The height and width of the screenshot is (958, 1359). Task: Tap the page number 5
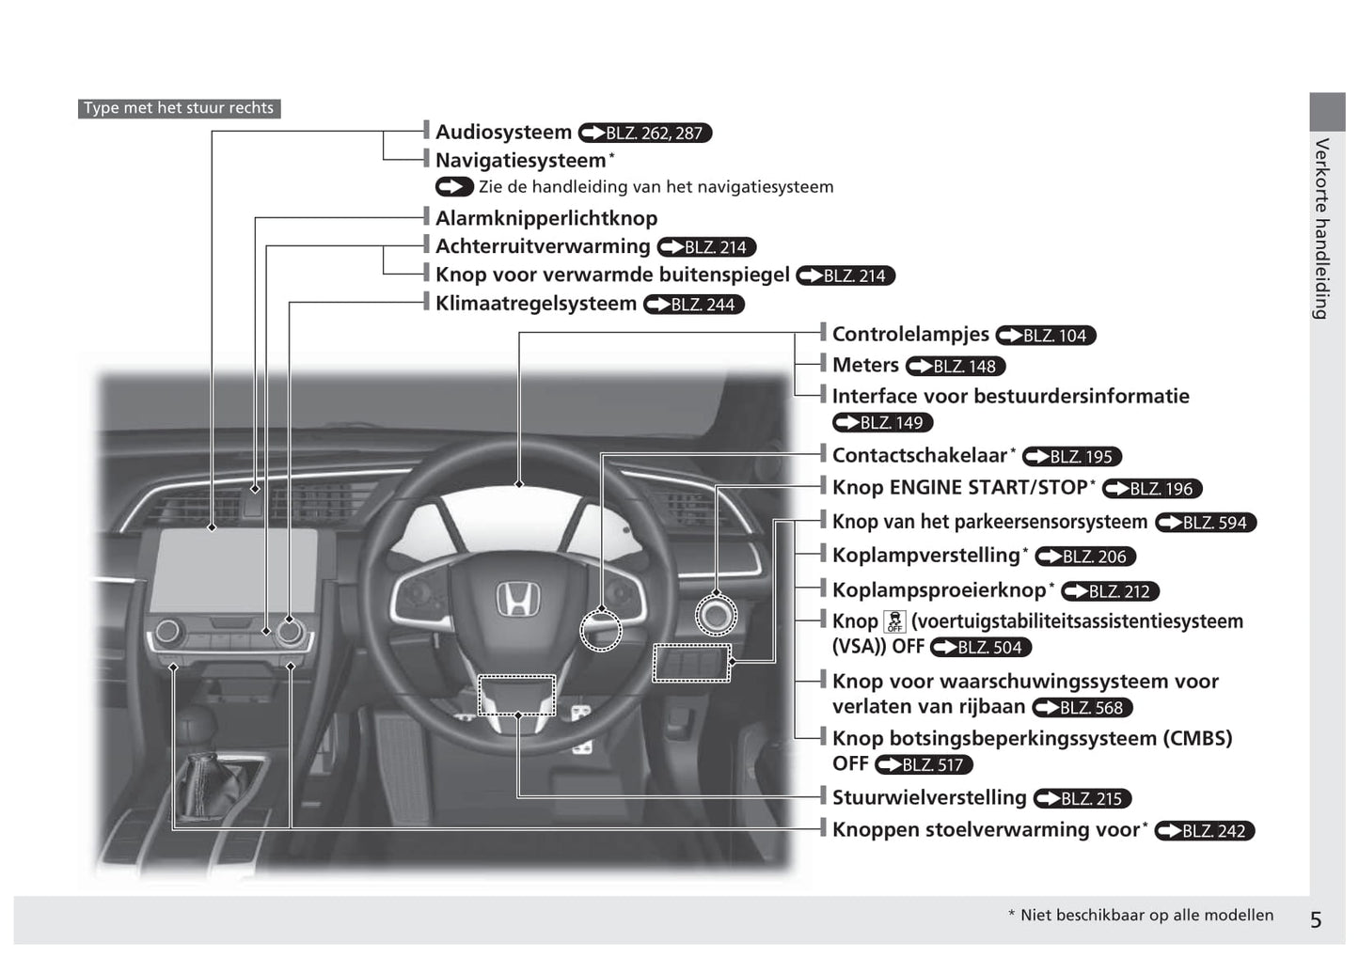(1316, 919)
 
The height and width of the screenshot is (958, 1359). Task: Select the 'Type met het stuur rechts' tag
(179, 108)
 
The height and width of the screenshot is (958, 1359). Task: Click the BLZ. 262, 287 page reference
(645, 133)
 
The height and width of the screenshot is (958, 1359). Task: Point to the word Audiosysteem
(503, 133)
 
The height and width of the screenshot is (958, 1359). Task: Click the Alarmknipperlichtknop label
(545, 218)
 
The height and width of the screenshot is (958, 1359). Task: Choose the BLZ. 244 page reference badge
(694, 305)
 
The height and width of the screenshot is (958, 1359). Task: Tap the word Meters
(865, 365)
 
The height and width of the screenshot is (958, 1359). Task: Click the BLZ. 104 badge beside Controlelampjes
(1046, 336)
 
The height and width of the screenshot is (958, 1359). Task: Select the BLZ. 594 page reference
(1206, 523)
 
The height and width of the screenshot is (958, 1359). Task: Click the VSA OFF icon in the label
(894, 621)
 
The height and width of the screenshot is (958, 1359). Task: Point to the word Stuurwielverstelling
(929, 797)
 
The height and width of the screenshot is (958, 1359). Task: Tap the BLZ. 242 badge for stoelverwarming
(1205, 831)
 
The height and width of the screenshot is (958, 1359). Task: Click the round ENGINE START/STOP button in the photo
(716, 616)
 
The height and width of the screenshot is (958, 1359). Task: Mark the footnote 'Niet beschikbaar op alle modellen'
(1140, 915)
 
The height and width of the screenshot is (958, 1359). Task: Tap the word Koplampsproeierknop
(939, 589)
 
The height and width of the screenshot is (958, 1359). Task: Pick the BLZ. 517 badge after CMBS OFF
(924, 765)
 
